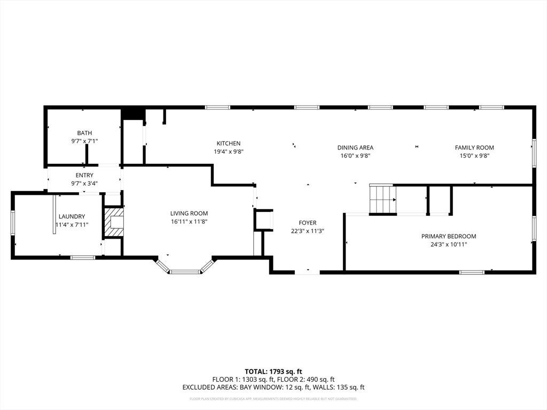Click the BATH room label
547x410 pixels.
84,133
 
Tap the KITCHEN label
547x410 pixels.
229,143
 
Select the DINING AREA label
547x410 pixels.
355,147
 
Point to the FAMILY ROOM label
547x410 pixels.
474,147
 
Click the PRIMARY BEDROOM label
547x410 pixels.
449,236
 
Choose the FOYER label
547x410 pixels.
308,223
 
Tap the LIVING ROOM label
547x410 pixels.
189,214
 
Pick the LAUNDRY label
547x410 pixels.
72,217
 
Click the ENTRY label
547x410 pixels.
84,175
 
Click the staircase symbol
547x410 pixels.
383,200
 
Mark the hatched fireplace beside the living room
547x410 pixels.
114,223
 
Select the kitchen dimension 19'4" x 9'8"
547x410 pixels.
229,152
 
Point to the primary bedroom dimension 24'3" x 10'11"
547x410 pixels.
449,245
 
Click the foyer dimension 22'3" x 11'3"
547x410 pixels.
308,231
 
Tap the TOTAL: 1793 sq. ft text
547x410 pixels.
273,372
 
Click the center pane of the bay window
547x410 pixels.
185,272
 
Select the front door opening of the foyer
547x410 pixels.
307,272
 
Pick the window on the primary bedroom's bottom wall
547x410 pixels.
472,272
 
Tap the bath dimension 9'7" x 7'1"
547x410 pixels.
84,141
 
